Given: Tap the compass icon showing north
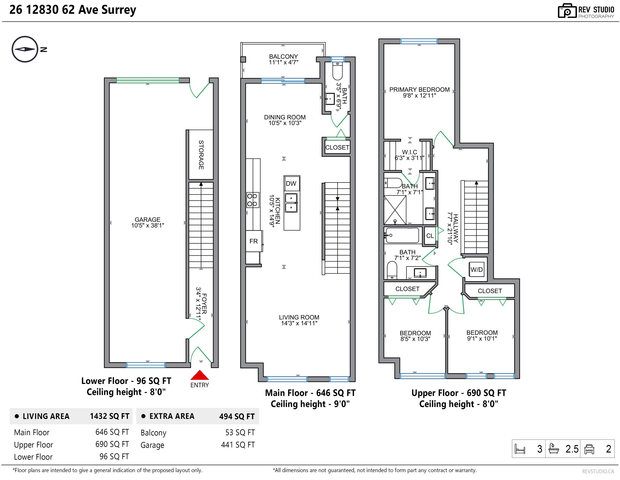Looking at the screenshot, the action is click(x=25, y=49).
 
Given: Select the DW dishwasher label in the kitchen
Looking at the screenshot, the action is click(x=291, y=184).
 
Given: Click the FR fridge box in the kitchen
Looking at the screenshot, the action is click(x=254, y=241).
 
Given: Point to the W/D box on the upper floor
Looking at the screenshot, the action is click(x=477, y=270).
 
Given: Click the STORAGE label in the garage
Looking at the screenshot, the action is click(x=201, y=155).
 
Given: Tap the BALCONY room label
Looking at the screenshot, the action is click(x=284, y=56).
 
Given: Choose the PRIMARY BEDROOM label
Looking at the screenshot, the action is click(x=420, y=90).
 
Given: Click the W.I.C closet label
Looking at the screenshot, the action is click(x=410, y=152).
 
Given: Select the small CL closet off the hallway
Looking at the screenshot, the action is click(x=430, y=236).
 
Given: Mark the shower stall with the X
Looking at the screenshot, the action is click(x=395, y=210).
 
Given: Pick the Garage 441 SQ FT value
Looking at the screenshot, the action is click(x=238, y=445).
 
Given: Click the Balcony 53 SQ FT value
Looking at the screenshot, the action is click(x=240, y=432).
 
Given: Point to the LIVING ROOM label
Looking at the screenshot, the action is click(x=299, y=317).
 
